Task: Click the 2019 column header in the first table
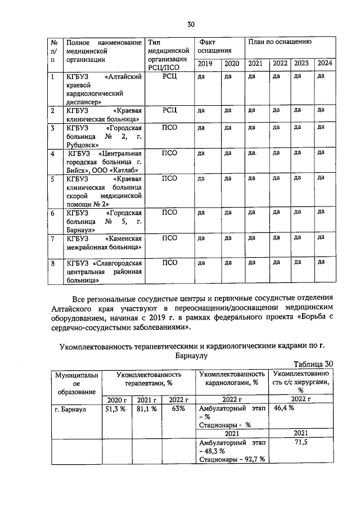pos(205,64)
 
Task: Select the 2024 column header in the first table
pos(325,63)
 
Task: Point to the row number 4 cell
pos(53,153)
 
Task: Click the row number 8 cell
pos(53,262)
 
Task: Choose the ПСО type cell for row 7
pos(169,238)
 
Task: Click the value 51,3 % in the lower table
pos(115,409)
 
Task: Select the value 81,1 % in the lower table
pos(146,409)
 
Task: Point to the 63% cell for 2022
pos(178,409)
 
